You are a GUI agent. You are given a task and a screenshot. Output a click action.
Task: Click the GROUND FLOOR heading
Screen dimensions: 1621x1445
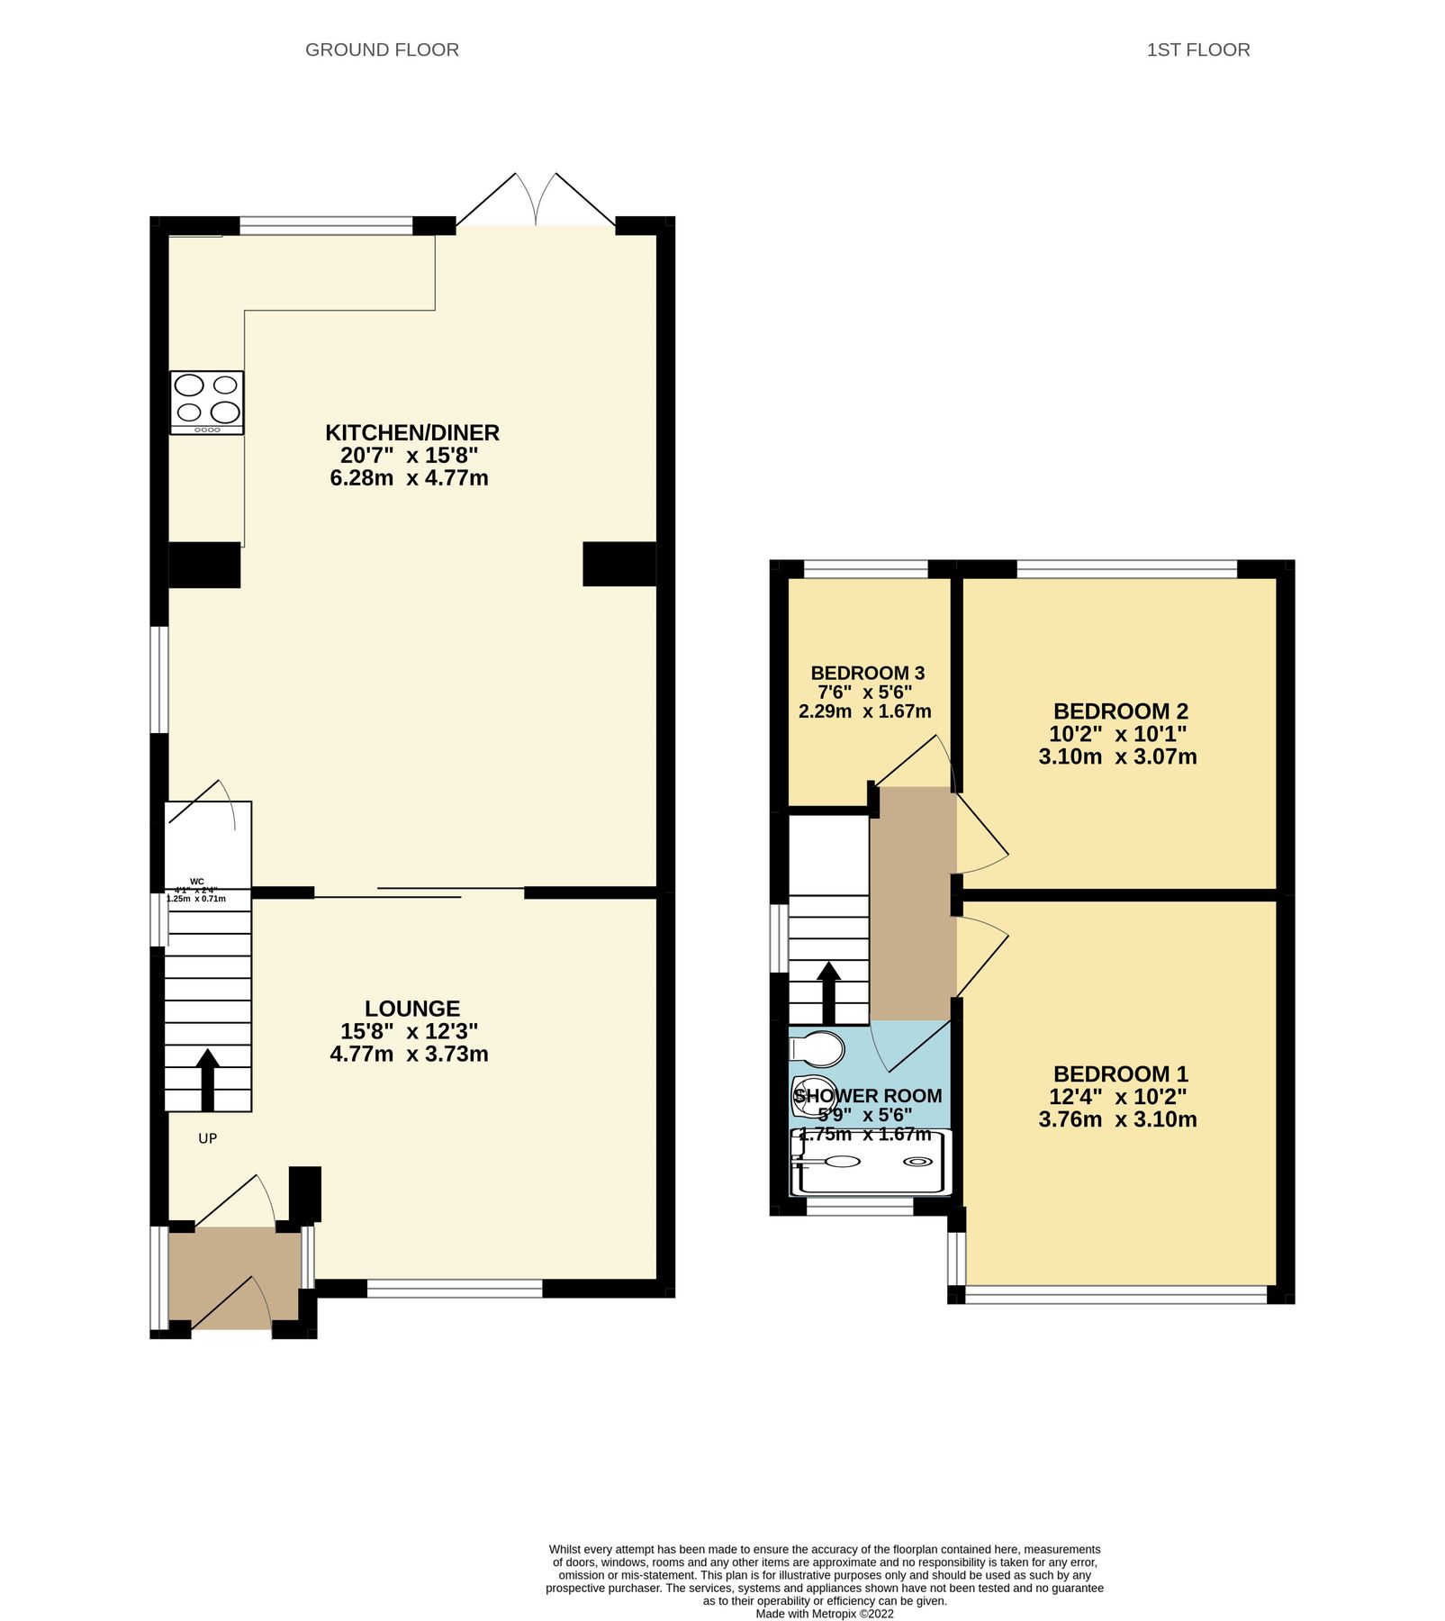(x=382, y=50)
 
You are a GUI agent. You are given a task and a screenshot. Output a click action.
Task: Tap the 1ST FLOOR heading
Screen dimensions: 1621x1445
(x=1197, y=50)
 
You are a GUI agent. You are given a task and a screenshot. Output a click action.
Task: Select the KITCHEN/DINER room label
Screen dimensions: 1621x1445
(x=412, y=432)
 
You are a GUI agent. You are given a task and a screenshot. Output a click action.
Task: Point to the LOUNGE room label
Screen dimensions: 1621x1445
(x=412, y=1009)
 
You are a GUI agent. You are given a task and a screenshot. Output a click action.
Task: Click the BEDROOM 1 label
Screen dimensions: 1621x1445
(x=1120, y=1073)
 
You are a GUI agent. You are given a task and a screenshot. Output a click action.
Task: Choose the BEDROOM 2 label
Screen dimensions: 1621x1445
(x=1120, y=711)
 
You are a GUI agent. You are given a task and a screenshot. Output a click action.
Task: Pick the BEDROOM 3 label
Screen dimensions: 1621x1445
(x=867, y=673)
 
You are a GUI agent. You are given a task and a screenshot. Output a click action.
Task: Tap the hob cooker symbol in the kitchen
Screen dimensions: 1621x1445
(x=207, y=403)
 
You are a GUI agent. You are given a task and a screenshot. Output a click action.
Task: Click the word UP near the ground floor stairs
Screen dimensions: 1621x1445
(x=208, y=1138)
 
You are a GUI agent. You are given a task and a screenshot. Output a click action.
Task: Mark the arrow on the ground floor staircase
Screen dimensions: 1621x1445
(x=208, y=1077)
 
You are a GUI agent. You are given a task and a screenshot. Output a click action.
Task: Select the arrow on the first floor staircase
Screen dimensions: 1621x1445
(x=828, y=992)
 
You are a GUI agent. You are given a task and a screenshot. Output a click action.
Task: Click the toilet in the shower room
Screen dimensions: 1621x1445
(x=817, y=1049)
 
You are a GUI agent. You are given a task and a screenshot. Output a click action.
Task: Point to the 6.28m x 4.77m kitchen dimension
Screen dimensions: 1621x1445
(x=409, y=478)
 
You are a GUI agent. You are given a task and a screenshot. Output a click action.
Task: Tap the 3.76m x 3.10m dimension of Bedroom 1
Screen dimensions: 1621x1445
(x=1117, y=1119)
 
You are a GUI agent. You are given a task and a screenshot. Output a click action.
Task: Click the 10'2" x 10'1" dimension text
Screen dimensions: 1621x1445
(x=1117, y=734)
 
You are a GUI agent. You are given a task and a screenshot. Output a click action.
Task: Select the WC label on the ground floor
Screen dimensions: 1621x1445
(x=197, y=882)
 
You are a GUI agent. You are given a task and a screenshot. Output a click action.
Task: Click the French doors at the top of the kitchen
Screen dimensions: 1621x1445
(x=537, y=200)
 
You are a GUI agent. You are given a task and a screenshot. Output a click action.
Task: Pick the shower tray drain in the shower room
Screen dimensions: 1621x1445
(x=918, y=1161)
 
